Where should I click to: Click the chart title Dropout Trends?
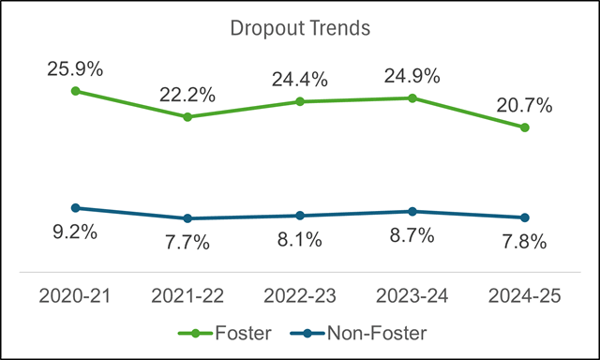[x=300, y=28]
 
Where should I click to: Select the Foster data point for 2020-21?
[x=75, y=91]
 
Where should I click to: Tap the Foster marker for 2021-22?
[x=187, y=117]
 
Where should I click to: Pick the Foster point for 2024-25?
[x=524, y=127]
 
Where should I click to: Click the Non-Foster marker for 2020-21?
[x=75, y=208]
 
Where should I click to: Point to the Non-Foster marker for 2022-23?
[x=300, y=216]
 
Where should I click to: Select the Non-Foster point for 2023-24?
[x=412, y=212]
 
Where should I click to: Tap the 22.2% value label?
[x=187, y=94]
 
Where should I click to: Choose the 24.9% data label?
[x=412, y=75]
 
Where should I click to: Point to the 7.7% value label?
[x=187, y=243]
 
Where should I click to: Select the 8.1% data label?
[x=300, y=240]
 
